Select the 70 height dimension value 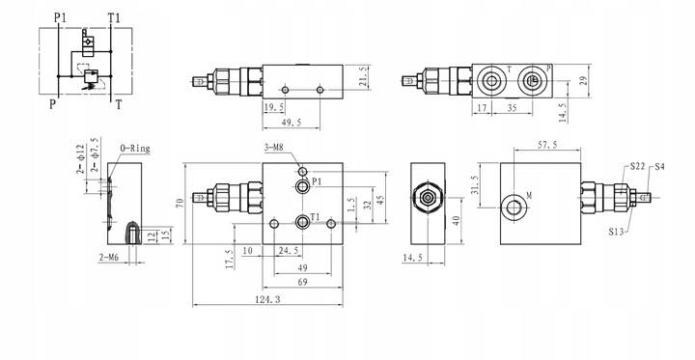(x=180, y=204)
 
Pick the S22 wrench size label (x=638, y=167)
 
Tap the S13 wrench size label (x=618, y=231)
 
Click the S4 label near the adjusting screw (x=660, y=167)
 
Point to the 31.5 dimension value (x=474, y=183)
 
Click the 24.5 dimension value (x=288, y=251)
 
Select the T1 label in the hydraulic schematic (x=114, y=18)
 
